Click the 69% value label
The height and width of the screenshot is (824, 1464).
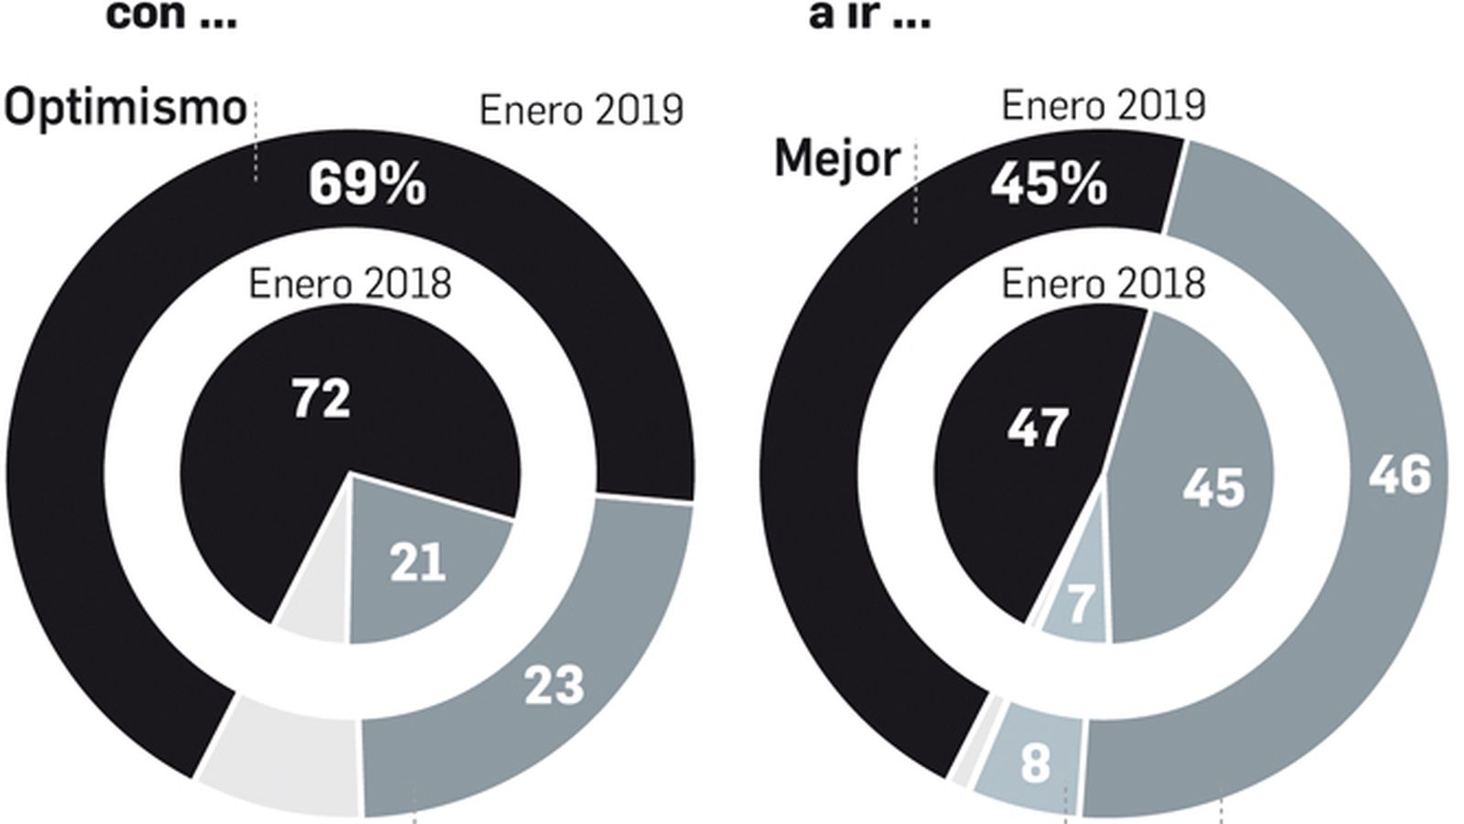[x=367, y=184]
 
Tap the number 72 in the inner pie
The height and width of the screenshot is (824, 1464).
[x=321, y=400]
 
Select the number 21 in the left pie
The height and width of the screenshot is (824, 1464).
[x=417, y=563]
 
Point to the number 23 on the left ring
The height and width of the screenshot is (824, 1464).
[x=554, y=685]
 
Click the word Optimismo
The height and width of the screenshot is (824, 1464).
[x=126, y=109]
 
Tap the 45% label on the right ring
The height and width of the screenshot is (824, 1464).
[x=1049, y=185]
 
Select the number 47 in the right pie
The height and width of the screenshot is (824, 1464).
[x=1038, y=428]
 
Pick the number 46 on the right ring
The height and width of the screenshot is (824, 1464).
[x=1400, y=475]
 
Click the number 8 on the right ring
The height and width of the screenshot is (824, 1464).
[x=1035, y=763]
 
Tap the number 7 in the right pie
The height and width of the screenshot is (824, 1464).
[x=1081, y=603]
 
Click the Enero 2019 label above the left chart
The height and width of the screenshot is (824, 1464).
[x=581, y=111]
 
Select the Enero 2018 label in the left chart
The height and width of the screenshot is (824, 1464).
[x=350, y=284]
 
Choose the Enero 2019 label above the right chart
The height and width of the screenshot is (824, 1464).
[x=1103, y=106]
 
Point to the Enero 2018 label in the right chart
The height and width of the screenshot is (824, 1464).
[x=1103, y=284]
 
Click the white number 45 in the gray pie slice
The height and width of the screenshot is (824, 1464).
[x=1214, y=487]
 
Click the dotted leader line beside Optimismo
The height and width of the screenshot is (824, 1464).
[x=255, y=142]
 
